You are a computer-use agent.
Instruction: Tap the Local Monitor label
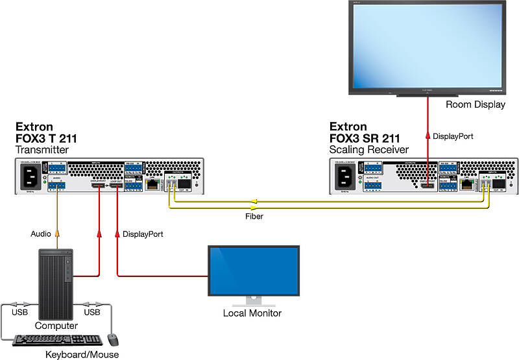coord(252,313)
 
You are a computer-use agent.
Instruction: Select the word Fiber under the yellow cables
coord(254,216)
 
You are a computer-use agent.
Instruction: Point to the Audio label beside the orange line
coord(42,233)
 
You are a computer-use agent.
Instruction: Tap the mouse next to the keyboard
coord(113,339)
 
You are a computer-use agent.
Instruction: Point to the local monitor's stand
coord(252,301)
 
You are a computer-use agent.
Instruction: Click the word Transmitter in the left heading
coord(42,150)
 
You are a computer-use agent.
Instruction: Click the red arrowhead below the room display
coord(428,136)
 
